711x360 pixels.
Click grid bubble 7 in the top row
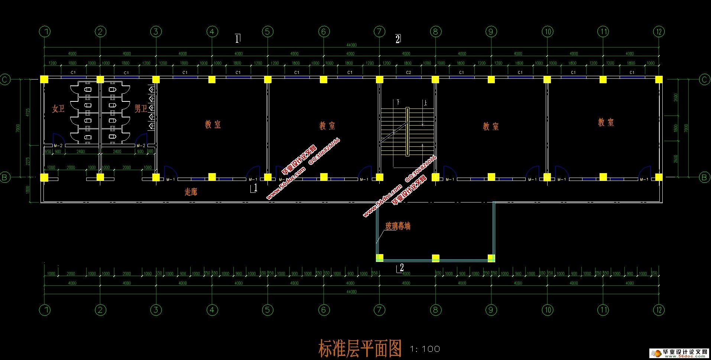(379, 32)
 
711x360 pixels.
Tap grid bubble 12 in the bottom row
(659, 310)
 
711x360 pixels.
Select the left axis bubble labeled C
(5, 79)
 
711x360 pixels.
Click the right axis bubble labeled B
(704, 178)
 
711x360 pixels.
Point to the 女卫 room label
(58, 108)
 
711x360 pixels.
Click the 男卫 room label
(141, 108)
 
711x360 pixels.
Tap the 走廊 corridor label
(191, 192)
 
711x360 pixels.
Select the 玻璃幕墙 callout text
(398, 226)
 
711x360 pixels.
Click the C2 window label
(408, 72)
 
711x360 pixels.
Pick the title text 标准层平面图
(360, 348)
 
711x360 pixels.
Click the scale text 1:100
(425, 349)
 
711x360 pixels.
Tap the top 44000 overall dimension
(351, 45)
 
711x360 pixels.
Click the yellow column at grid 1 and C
(44, 79)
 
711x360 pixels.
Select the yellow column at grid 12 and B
(659, 177)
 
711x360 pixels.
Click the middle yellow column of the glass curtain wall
(436, 258)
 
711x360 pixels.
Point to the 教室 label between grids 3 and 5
(213, 124)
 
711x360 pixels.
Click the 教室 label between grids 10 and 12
(606, 122)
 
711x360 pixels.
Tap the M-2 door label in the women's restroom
(58, 146)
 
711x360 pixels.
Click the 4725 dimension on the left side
(28, 112)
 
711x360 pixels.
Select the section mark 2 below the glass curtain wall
(401, 267)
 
